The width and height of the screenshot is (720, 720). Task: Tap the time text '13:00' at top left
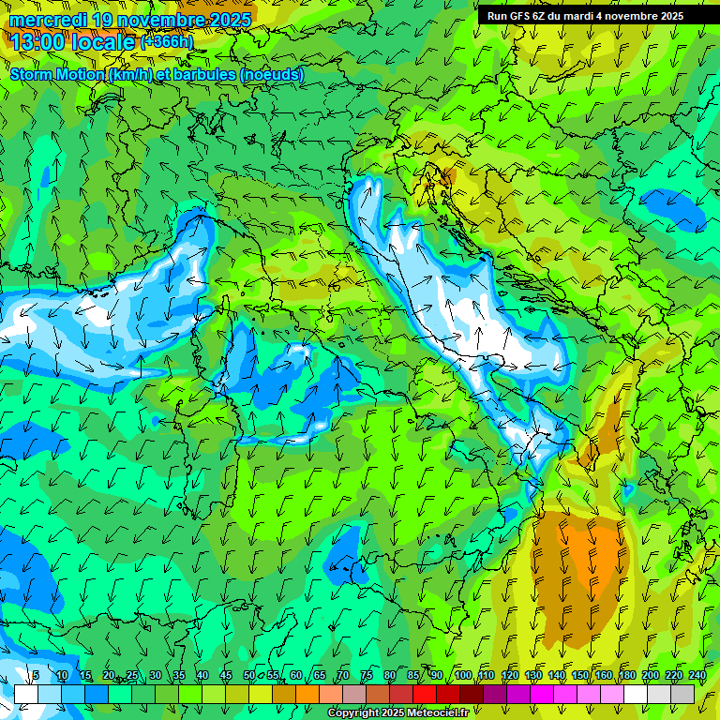(39, 41)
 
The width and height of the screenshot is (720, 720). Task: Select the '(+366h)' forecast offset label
(167, 42)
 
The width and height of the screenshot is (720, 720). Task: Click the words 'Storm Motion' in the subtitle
(56, 74)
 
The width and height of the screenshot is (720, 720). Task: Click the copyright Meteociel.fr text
(397, 712)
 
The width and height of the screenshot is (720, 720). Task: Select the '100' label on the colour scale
(463, 675)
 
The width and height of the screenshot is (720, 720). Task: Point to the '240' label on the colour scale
(697, 675)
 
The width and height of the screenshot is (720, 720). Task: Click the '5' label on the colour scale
(36, 675)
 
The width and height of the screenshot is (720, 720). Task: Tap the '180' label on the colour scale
(626, 675)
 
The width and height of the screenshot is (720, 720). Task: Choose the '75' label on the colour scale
(367, 675)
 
